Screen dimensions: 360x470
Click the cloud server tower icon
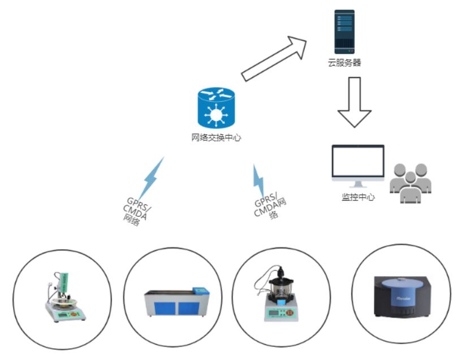point(344,32)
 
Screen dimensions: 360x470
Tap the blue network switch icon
point(215,108)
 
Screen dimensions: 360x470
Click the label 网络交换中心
point(216,137)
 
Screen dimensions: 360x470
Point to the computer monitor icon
point(357,164)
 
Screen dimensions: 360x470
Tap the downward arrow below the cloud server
point(355,101)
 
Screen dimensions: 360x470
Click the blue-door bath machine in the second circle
point(177,301)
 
